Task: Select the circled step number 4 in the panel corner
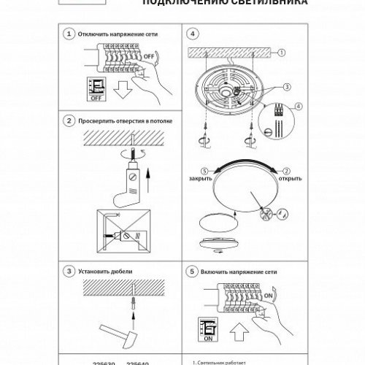click(193, 34)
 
